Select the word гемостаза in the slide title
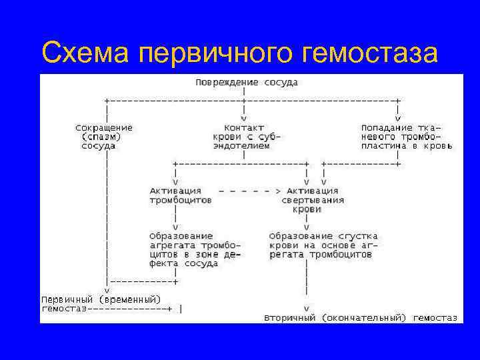pos(369,52)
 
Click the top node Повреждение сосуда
pos(247,83)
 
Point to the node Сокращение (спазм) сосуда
pos(103,136)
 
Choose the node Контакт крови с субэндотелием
pos(247,136)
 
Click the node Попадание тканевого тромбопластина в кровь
pos(406,136)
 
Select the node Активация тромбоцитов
pos(181,195)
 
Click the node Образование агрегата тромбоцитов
pos(195,249)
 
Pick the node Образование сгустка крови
pos(323,245)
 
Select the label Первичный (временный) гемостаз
pos(101,303)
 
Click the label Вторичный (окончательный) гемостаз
pos(360,318)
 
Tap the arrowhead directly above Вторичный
pos(306,309)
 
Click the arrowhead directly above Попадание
pos(397,118)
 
